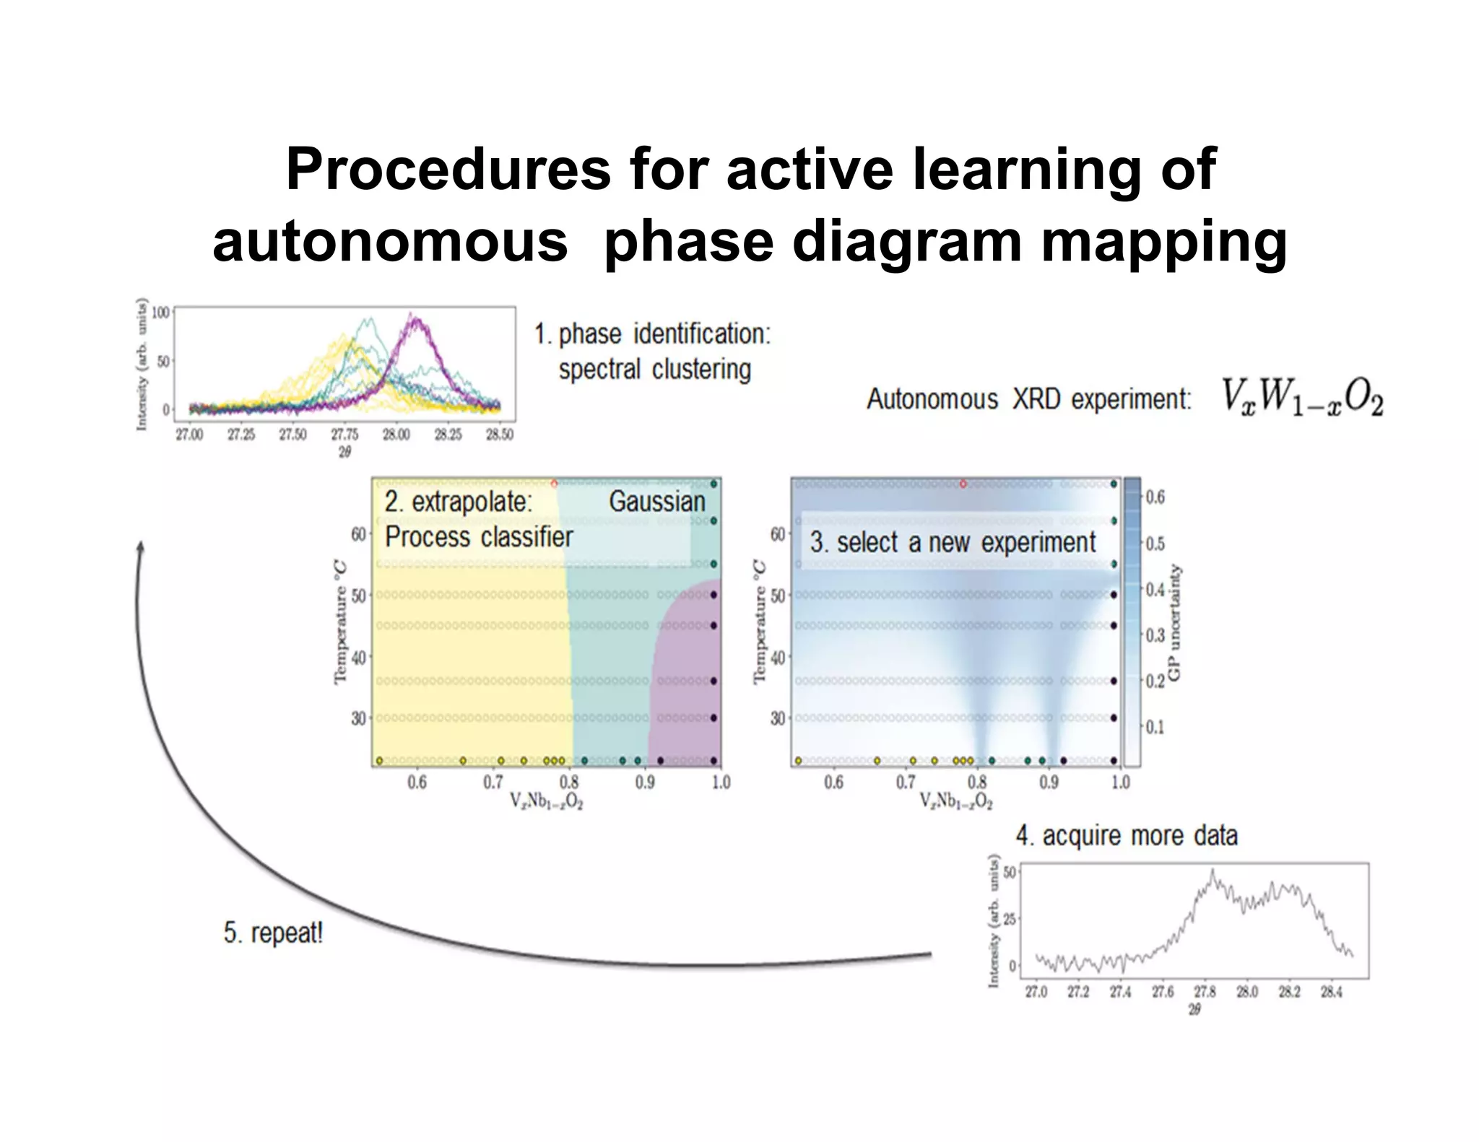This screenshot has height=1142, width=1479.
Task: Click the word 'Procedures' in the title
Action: coord(448,170)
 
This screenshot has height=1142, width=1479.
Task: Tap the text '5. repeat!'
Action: coord(273,933)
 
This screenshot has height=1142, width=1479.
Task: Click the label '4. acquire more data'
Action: coord(1127,835)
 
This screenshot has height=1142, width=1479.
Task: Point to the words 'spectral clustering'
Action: coord(654,370)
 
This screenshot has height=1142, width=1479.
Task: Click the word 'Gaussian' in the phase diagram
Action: coord(656,501)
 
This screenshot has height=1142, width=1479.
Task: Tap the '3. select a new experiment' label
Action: coord(953,542)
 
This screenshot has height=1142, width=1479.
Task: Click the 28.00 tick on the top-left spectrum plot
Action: coord(396,435)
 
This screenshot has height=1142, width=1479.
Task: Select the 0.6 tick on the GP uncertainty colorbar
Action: coord(1155,497)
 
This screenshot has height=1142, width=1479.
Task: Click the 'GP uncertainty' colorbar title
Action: coord(1174,622)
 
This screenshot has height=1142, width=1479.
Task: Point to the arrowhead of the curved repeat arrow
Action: coord(141,546)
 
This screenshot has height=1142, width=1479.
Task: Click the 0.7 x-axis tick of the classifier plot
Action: coord(493,783)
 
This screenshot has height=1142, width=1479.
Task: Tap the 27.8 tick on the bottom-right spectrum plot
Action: coord(1205,993)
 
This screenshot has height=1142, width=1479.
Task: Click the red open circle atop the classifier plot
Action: coord(554,484)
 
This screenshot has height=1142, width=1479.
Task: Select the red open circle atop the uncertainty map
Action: coord(963,484)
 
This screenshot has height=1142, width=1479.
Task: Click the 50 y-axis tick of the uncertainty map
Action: coord(777,596)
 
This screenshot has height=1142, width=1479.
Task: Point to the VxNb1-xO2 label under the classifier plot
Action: coord(546,801)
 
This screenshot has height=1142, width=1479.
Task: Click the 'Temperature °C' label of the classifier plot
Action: coord(340,622)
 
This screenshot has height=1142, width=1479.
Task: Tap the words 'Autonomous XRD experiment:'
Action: coord(1028,399)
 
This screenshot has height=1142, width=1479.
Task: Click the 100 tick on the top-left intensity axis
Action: coord(160,313)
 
